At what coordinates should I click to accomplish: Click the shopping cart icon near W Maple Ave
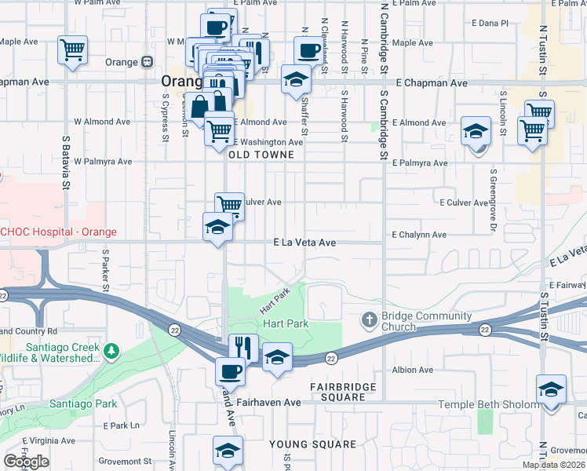point(72,51)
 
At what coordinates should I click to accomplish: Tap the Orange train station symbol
point(147,62)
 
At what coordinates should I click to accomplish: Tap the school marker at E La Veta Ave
point(217,227)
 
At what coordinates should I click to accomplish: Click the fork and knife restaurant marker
point(243,347)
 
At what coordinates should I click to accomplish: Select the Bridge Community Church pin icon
point(369,319)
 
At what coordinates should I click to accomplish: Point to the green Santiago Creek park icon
point(112,349)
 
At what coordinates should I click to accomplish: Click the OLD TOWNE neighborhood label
point(261,155)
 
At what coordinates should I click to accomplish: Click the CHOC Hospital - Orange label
point(58,232)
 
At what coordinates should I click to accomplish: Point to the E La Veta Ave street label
point(304,243)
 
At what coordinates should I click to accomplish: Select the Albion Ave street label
point(412,370)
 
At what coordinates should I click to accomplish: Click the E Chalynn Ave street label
point(419,235)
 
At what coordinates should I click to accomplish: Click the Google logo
point(25,462)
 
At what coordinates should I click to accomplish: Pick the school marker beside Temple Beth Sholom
point(551,390)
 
